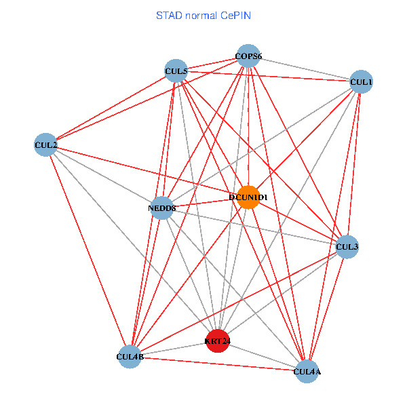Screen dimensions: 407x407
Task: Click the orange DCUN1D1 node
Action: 248,197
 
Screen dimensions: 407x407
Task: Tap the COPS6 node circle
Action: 248,56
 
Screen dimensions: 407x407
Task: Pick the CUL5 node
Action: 176,71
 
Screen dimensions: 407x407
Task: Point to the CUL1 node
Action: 361,82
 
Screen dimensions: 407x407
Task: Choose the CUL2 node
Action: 45,144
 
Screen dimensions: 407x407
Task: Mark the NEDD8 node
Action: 161,208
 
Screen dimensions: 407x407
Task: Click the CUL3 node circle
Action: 347,247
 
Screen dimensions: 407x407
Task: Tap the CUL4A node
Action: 307,371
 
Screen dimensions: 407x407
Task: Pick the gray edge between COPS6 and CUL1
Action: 305,69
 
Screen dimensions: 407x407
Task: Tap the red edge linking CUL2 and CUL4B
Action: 88,250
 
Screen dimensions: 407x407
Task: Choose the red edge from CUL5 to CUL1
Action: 268,76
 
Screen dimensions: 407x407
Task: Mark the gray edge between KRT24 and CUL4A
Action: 263,355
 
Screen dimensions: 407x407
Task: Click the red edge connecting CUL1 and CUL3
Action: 353,165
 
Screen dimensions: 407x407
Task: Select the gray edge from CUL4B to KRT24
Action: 174,349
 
